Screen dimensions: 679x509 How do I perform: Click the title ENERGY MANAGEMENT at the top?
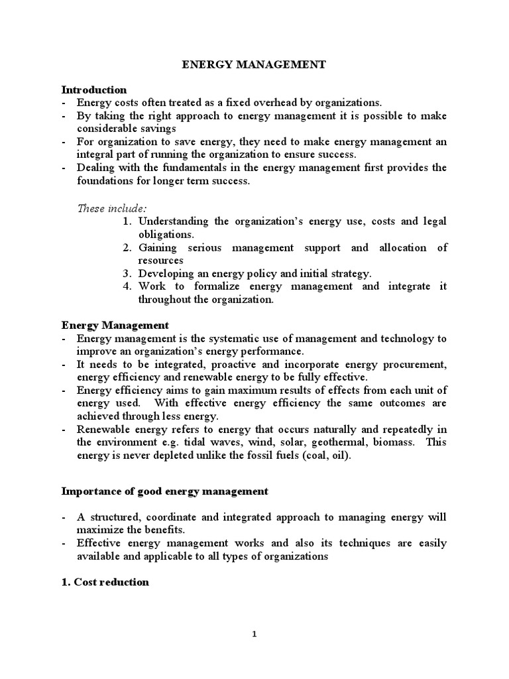254,65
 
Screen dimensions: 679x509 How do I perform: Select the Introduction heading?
94,90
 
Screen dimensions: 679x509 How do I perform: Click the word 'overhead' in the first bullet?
263,103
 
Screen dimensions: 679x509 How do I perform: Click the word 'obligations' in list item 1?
164,234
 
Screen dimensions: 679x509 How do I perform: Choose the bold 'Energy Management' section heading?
115,326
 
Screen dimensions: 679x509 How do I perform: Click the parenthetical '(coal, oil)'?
335,455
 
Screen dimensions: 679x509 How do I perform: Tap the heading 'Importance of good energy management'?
165,491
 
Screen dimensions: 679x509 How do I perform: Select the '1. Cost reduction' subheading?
105,582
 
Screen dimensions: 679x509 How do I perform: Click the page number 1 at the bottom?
254,634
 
